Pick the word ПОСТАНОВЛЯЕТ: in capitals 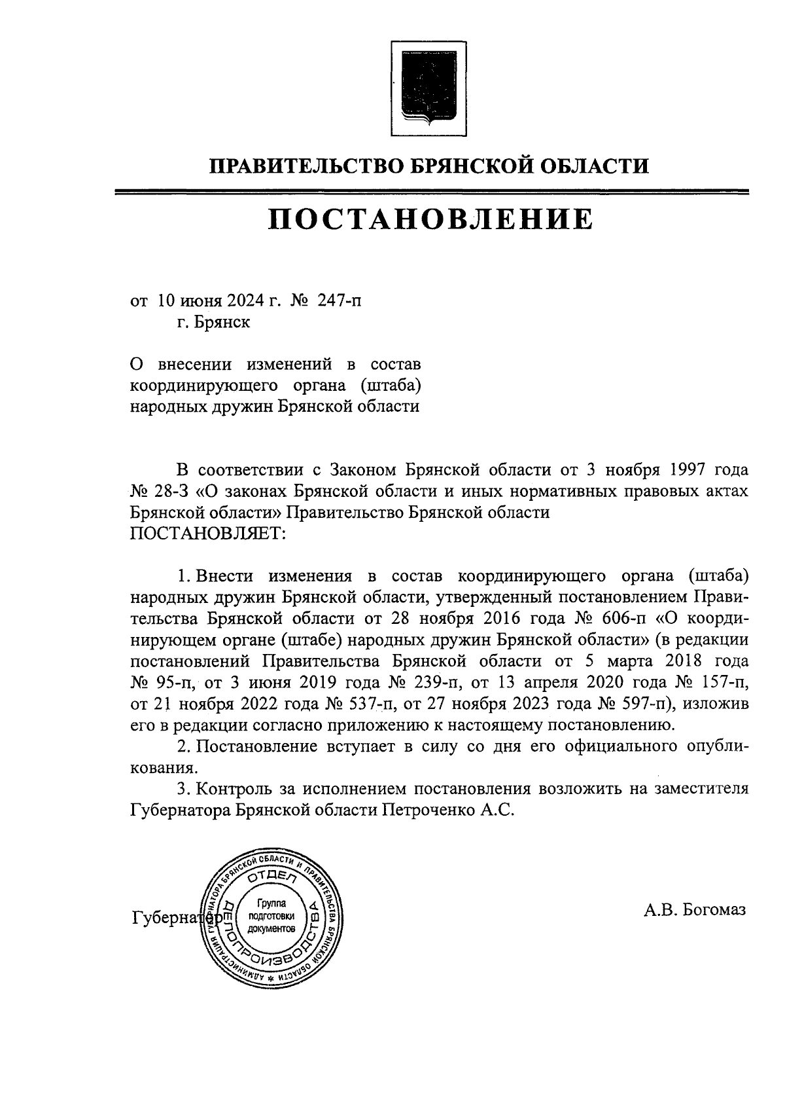208,534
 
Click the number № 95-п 164,683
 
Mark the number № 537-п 362,704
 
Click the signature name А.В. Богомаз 694,910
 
